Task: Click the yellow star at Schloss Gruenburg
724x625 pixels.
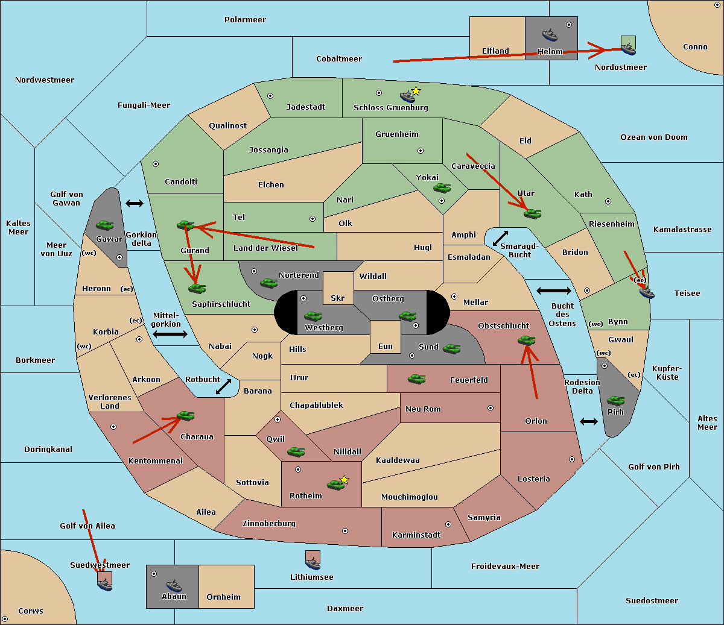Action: (416, 92)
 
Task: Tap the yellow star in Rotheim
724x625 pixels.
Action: (345, 479)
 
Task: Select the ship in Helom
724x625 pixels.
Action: (550, 35)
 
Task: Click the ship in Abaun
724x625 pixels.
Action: (174, 586)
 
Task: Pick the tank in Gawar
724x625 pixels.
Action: (104, 225)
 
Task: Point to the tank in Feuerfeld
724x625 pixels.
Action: (416, 379)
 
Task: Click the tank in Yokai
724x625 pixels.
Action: (442, 188)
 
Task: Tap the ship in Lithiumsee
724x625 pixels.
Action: (313, 563)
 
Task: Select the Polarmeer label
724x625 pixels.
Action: (245, 20)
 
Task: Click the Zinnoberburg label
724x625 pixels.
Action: (269, 524)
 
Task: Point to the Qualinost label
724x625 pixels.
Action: (227, 125)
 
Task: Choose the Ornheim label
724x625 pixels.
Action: (223, 597)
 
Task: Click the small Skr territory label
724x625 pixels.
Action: (337, 298)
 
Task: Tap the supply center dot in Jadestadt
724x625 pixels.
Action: (270, 96)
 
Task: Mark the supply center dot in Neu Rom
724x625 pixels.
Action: (491, 408)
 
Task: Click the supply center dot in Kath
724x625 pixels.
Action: (608, 201)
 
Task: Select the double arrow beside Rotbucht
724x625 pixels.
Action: (223, 386)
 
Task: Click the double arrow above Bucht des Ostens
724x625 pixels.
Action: (554, 291)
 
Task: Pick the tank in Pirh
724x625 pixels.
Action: (615, 400)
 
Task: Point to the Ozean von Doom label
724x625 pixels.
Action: (654, 137)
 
